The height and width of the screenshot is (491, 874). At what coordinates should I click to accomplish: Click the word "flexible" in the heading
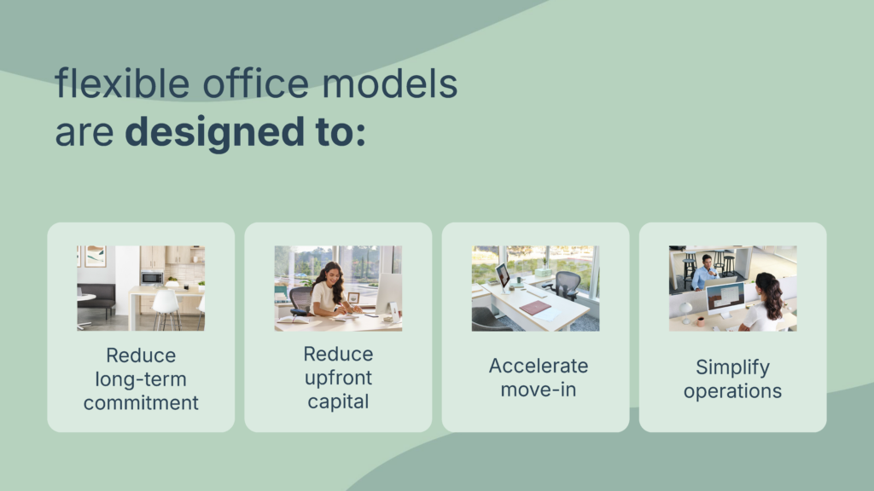(x=122, y=84)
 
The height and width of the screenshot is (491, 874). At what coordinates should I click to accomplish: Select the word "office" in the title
(x=255, y=84)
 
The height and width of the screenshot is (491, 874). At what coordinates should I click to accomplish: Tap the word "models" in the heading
(x=389, y=84)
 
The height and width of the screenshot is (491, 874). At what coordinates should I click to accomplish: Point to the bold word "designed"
(x=214, y=132)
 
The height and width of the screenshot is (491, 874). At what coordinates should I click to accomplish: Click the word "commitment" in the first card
(x=141, y=402)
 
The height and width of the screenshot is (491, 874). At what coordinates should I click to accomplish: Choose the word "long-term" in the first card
(x=141, y=379)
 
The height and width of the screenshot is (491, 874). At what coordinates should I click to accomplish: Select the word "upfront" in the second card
(x=338, y=378)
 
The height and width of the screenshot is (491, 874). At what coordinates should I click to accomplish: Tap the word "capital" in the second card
(x=338, y=401)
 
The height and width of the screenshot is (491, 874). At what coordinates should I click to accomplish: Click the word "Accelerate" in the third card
(x=539, y=366)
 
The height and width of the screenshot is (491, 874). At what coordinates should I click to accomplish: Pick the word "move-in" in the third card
(x=539, y=390)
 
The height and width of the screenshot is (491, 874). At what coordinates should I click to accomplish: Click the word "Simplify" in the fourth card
(x=732, y=367)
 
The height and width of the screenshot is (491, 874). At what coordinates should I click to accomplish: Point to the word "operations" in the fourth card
(x=732, y=390)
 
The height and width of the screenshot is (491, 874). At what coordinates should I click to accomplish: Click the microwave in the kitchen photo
(x=152, y=277)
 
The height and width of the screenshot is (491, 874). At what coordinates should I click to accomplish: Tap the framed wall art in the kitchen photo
(x=96, y=256)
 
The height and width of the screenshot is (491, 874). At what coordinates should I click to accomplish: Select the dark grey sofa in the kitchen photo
(x=96, y=298)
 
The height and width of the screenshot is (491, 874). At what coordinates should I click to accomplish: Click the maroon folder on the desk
(x=535, y=308)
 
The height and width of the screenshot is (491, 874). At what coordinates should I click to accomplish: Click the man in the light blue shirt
(x=704, y=273)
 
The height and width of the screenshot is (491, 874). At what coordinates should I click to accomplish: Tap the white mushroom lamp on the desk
(x=685, y=311)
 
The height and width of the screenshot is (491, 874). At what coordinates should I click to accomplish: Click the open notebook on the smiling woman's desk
(x=294, y=320)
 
